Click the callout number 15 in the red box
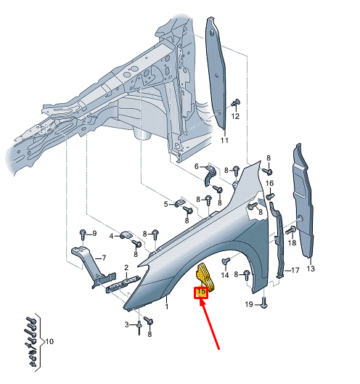[201, 292]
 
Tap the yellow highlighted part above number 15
[205, 277]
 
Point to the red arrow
[209, 324]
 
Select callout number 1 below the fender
[166, 306]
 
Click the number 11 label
[224, 140]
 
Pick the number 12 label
[235, 116]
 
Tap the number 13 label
[311, 269]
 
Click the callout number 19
[249, 304]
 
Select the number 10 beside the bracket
[49, 341]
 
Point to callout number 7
[104, 258]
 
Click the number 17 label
[295, 270]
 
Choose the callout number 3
[126, 324]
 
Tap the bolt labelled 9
[83, 234]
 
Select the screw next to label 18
[291, 230]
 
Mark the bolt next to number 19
[263, 302]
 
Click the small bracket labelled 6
[210, 175]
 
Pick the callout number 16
[269, 183]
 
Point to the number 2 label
[126, 268]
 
